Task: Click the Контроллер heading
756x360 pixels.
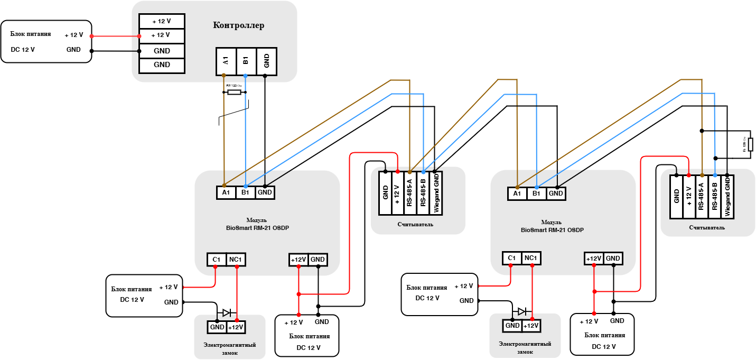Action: [x=239, y=25]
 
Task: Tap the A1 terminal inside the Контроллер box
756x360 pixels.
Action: [x=226, y=61]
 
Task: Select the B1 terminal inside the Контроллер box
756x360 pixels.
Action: [x=246, y=61]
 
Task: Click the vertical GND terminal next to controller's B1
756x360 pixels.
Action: [x=266, y=61]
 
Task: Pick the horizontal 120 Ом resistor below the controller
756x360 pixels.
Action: [x=234, y=92]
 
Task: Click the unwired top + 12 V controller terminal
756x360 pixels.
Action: [x=162, y=21]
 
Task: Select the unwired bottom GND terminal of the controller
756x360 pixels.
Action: [x=162, y=65]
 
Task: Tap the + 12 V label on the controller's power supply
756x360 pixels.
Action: [x=74, y=35]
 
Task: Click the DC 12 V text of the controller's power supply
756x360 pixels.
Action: [x=23, y=50]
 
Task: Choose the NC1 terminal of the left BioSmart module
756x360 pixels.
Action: [x=236, y=259]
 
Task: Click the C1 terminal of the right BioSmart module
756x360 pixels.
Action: [x=511, y=258]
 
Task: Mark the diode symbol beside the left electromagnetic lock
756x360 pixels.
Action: [x=227, y=312]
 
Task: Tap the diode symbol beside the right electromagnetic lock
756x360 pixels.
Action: [x=522, y=311]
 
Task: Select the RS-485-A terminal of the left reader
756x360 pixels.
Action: [x=410, y=193]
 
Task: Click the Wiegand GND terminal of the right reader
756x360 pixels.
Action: [x=727, y=197]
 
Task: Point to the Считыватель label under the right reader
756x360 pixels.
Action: [x=707, y=228]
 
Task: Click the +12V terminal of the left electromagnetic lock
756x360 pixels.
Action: [x=236, y=327]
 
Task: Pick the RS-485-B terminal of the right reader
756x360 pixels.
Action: [x=714, y=197]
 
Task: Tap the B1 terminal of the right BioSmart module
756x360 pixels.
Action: [x=537, y=194]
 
